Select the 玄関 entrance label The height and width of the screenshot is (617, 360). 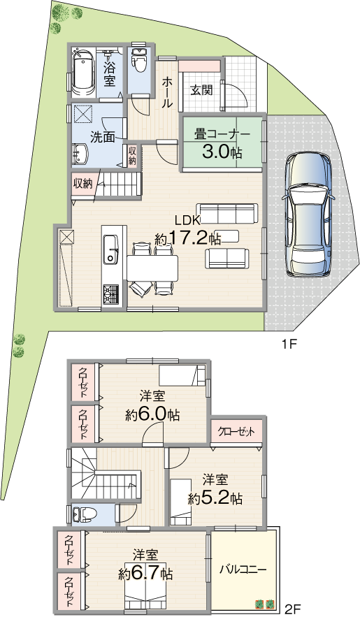202,90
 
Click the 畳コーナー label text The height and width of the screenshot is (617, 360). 222,135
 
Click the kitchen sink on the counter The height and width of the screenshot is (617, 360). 111,250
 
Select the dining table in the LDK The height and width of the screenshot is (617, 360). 152,268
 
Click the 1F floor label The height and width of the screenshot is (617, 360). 289,345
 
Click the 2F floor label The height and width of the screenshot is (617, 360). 293,609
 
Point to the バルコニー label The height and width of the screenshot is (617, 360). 243,569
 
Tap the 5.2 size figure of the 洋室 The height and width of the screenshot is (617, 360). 214,498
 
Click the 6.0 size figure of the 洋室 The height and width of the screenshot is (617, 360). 152,414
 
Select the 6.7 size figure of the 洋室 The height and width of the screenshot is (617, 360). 145,574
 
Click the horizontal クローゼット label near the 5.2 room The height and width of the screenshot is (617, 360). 236,432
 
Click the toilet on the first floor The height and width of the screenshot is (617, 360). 138,60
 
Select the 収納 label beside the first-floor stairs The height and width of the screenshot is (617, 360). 82,183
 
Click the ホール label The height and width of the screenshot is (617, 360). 167,92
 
